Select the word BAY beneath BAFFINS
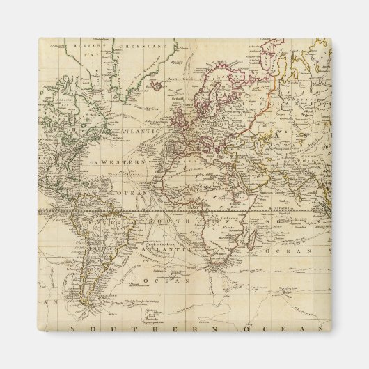pos(87,53)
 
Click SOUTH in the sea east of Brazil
pos(168,221)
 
